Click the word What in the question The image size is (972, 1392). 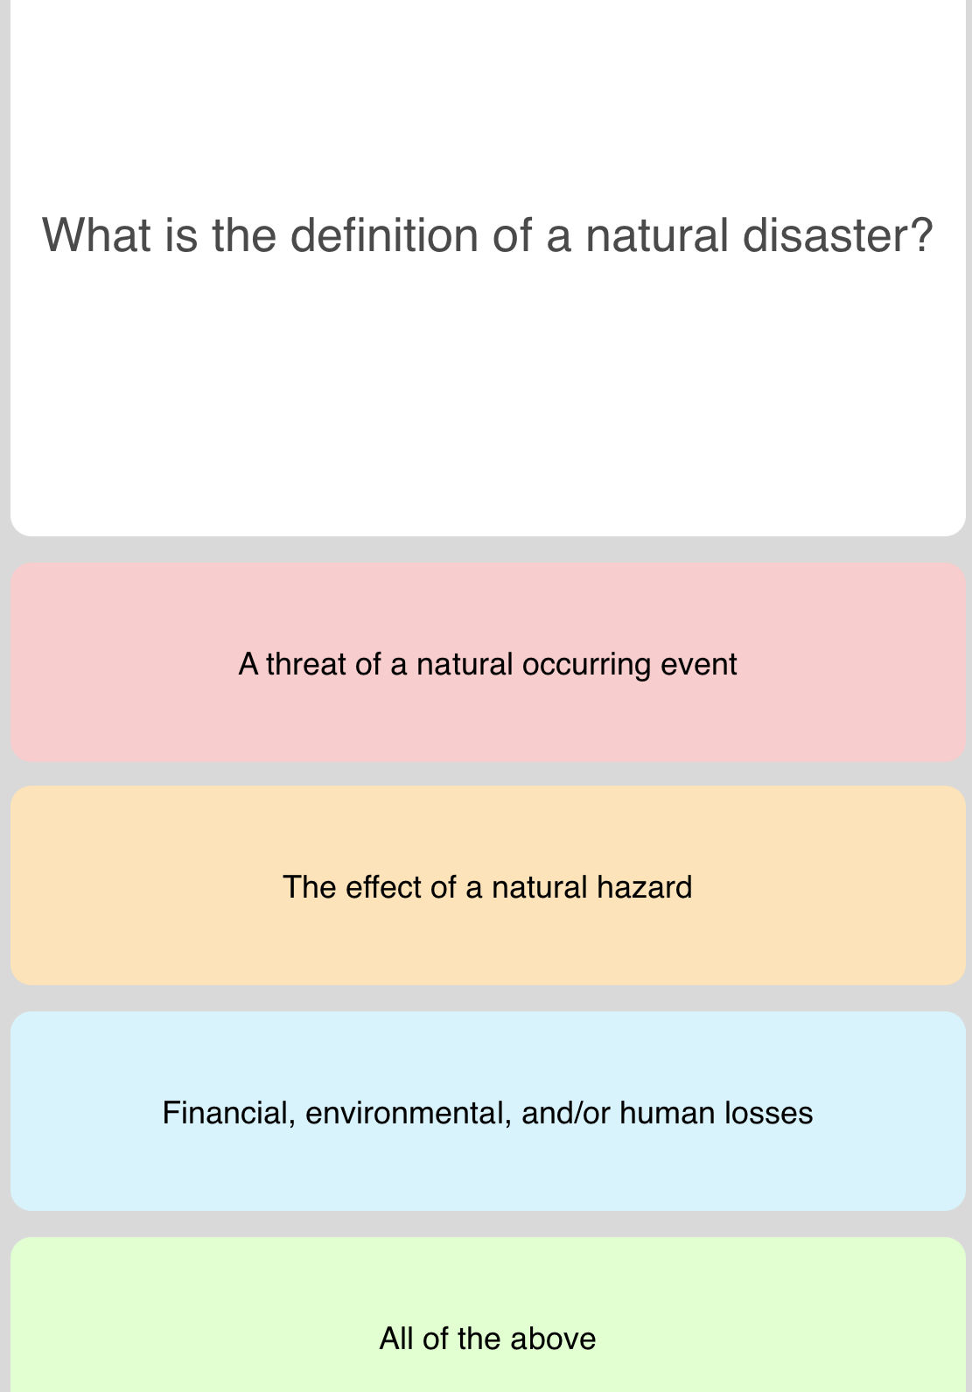tap(96, 235)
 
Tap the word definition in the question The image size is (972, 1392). tap(382, 235)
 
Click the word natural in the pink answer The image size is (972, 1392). tap(464, 664)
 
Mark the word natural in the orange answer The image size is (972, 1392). tap(539, 887)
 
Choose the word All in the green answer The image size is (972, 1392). tap(396, 1339)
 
